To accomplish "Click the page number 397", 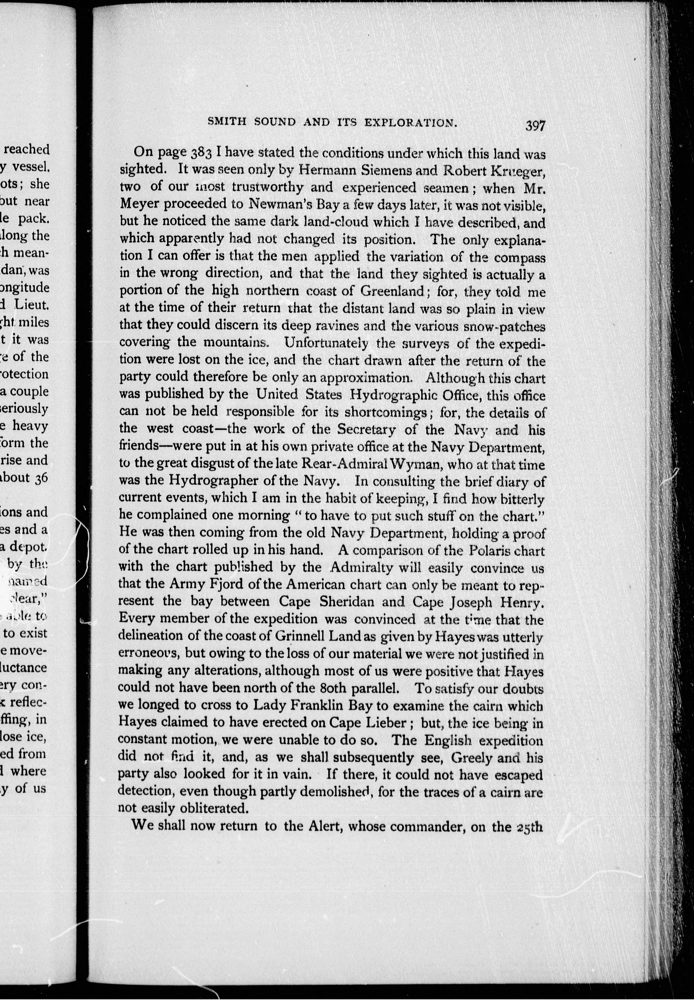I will [535, 126].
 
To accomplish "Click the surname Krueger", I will [518, 171].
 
